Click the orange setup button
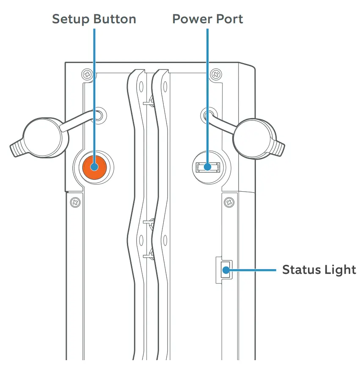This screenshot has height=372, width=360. [94, 166]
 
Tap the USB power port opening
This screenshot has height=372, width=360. [208, 167]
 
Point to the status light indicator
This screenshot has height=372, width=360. [225, 269]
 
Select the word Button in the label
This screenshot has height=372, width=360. [116, 19]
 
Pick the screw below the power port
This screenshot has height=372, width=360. [229, 202]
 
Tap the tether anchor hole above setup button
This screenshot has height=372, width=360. [98, 115]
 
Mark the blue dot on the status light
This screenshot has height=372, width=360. [225, 269]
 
